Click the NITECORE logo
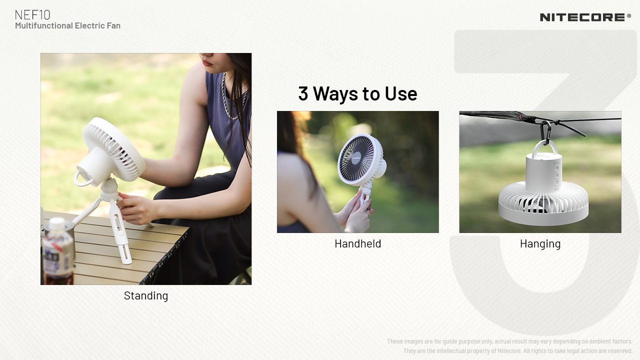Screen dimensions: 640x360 tap(582, 17)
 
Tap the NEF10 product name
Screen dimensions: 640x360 tap(32, 15)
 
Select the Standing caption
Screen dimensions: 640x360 tap(146, 296)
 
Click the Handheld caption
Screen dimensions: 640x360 tap(357, 243)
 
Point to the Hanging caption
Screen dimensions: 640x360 tap(540, 244)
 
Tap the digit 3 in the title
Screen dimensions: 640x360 tap(303, 93)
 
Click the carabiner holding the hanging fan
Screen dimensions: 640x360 tap(545, 132)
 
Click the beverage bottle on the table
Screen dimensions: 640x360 tap(57, 251)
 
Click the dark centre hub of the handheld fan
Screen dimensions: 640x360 tap(355, 157)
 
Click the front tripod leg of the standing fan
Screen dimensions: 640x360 tap(120, 231)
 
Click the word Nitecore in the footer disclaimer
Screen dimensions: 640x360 tap(509, 351)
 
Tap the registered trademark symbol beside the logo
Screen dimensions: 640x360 tap(629, 16)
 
